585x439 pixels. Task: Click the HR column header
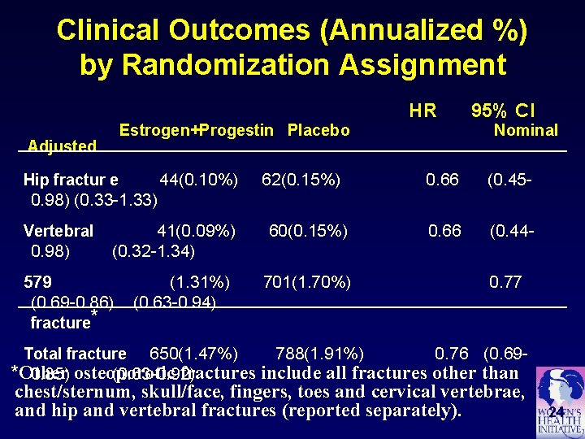(422, 111)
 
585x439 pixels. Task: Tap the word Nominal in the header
(526, 130)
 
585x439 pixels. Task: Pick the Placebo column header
(318, 131)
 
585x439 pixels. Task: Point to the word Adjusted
(62, 146)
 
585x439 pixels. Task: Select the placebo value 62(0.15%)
(301, 180)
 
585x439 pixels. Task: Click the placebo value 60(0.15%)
(308, 231)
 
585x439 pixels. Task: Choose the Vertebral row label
(58, 231)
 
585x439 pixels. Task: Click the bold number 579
(38, 283)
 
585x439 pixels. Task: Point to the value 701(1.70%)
(307, 283)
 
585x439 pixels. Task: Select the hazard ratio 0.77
(505, 283)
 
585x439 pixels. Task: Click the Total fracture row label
(75, 354)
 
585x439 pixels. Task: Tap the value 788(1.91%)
(320, 354)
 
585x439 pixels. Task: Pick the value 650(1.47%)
(194, 354)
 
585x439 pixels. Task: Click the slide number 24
(556, 412)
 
